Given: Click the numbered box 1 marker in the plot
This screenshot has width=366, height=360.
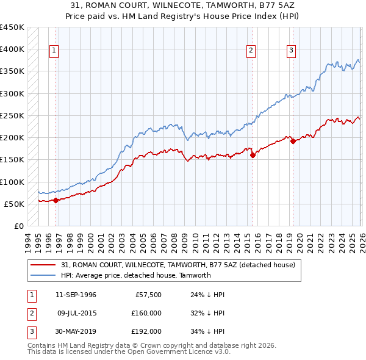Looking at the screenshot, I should [54, 51].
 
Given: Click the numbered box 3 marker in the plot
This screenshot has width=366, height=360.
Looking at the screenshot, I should [291, 51].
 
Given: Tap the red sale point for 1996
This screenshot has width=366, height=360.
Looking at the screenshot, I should [56, 200].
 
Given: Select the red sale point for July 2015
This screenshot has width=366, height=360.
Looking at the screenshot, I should [253, 155].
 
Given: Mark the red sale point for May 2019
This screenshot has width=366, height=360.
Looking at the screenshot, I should [293, 141].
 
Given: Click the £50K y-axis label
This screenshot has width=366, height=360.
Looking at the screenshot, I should [14, 204].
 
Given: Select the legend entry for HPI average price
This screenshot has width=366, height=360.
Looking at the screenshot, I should [135, 275].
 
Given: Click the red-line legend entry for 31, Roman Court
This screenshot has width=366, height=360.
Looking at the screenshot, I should [178, 265].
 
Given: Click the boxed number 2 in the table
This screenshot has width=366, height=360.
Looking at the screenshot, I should [31, 313].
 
